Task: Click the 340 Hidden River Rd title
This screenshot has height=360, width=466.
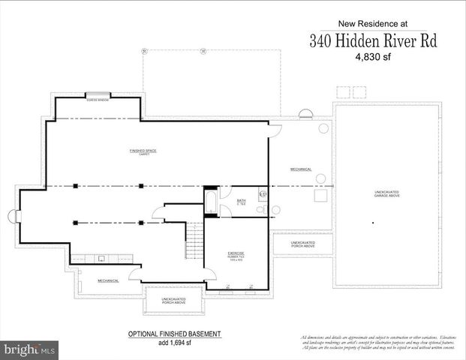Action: pos(372,40)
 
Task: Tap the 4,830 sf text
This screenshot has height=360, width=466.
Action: pos(373,56)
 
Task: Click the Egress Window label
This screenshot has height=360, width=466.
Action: pos(98,99)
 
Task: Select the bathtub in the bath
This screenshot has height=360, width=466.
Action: pos(211,202)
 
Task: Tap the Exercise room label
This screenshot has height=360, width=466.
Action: pos(235,255)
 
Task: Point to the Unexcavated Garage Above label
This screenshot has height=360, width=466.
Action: pos(386,195)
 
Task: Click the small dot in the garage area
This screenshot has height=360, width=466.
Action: pos(373,222)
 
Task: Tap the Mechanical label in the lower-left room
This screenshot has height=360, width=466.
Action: pos(108,280)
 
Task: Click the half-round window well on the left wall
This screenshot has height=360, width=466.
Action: pos(13,216)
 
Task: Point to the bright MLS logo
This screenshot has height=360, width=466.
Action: pos(29,349)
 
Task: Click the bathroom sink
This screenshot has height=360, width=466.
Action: pos(263,195)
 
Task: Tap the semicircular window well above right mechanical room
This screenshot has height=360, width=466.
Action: pos(306,113)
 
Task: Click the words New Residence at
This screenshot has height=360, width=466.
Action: pos(372,23)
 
